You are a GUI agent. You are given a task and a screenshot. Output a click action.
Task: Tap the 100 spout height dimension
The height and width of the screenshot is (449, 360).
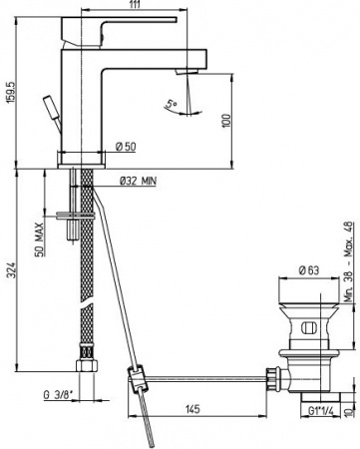pyautogui.click(x=226, y=120)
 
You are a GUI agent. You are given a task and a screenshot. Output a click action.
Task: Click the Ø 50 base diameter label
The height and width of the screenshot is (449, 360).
pyautogui.click(x=126, y=148)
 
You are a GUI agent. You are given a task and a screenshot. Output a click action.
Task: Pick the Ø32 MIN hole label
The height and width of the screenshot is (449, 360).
pyautogui.click(x=138, y=181)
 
